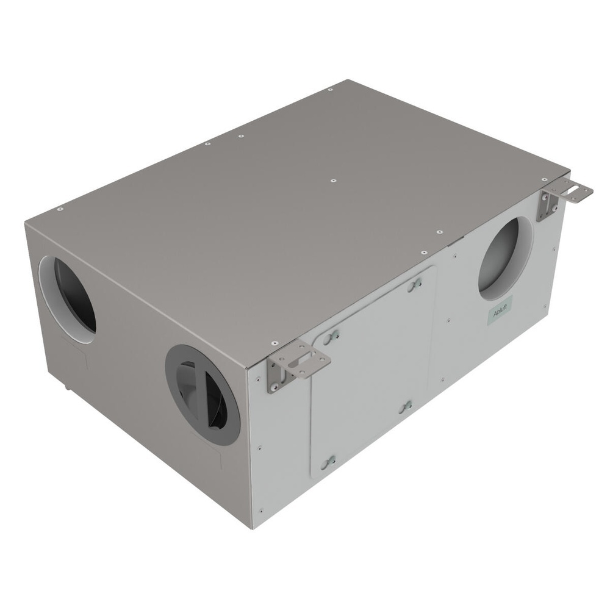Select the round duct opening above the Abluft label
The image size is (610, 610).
(x=504, y=258)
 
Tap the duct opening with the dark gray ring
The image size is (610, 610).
(x=203, y=394)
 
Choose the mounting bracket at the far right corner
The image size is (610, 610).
(x=564, y=198)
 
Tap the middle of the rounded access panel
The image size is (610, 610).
(x=372, y=372)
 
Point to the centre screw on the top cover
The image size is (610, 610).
(x=332, y=181)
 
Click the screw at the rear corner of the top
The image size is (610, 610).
(x=330, y=90)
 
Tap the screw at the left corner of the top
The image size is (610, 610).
(x=60, y=209)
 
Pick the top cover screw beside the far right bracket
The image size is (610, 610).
(x=544, y=180)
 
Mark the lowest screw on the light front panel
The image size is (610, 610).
(x=261, y=510)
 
